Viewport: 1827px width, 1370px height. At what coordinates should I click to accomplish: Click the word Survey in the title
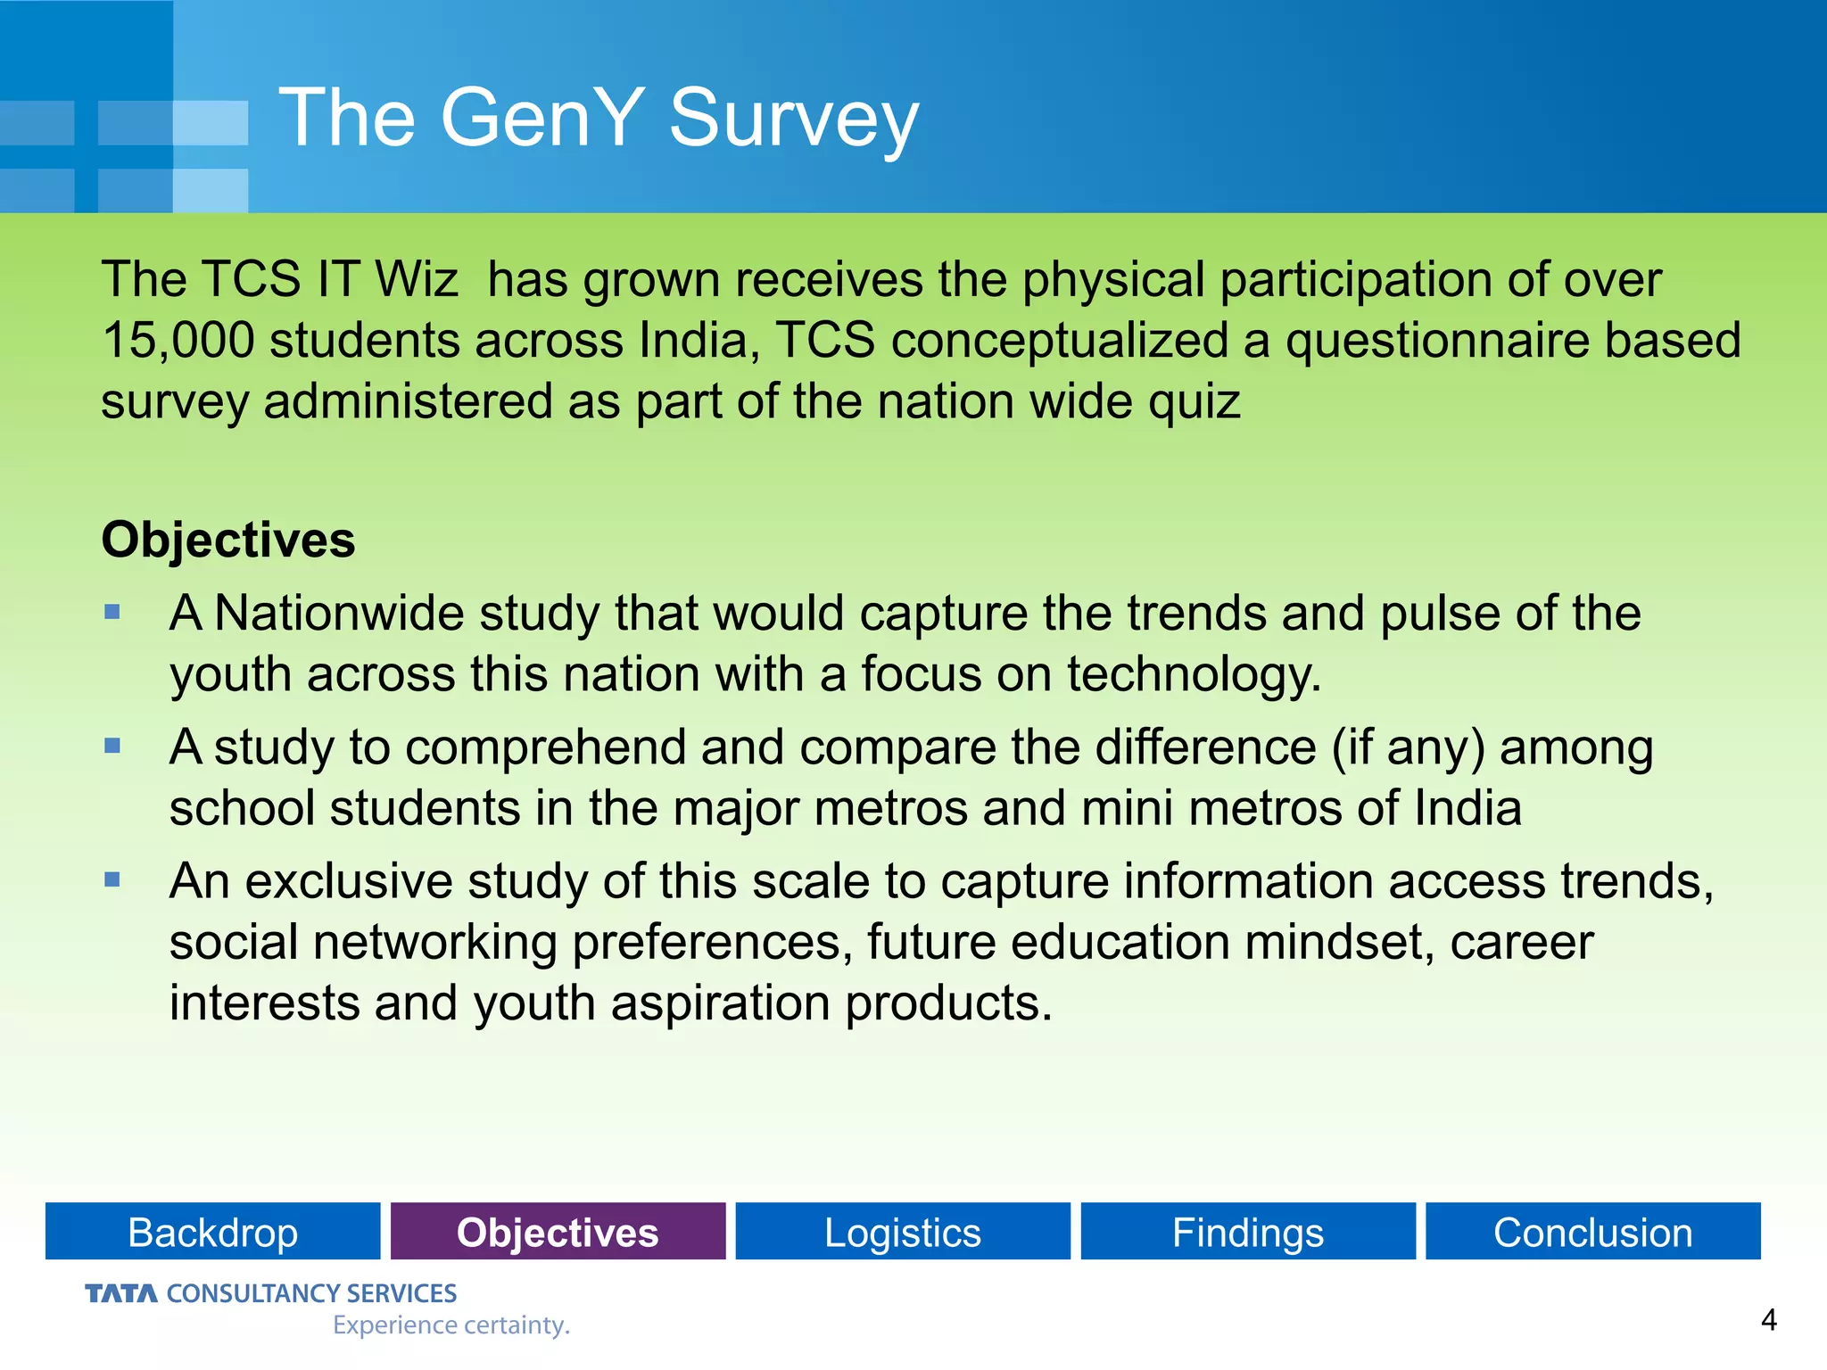pos(792,119)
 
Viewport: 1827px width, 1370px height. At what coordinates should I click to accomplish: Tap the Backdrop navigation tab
pos(212,1232)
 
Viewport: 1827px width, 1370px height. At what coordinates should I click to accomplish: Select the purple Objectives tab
pos(558,1232)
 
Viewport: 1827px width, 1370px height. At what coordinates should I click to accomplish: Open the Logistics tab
pos(902,1232)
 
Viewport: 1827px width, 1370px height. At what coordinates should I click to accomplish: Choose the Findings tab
pos(1247,1232)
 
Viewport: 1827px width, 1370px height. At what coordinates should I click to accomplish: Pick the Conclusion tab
pos(1592,1232)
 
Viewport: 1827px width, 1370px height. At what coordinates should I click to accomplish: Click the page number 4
pos(1768,1319)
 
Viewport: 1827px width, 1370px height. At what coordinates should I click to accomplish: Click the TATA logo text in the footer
pos(121,1293)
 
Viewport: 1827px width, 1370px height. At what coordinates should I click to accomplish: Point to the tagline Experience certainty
pos(451,1325)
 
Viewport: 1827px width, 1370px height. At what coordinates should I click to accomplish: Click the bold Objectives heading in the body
pos(228,540)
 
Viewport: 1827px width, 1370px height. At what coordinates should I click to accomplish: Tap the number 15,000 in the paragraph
pos(178,341)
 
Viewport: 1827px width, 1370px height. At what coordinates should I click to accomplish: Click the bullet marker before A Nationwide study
pos(112,612)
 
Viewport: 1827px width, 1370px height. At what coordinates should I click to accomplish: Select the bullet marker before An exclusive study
pos(112,880)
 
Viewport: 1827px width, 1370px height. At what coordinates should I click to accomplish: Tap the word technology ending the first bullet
pos(1193,674)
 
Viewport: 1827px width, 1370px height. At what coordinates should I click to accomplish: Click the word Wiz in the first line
pos(416,279)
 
